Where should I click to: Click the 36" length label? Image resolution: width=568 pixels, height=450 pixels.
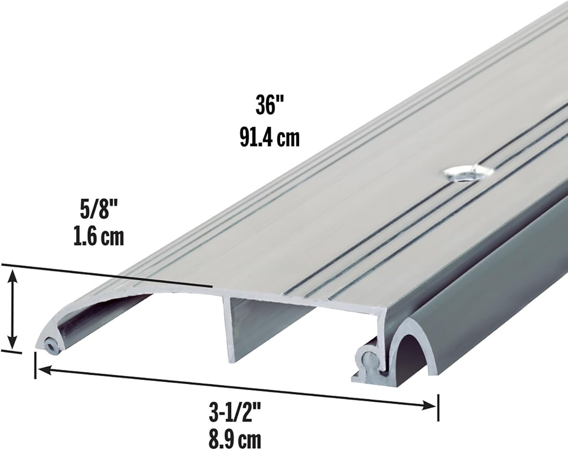coord(266,105)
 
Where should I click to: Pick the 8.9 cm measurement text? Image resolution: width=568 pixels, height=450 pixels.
coord(235,439)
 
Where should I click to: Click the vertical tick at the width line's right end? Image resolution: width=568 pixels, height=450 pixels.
coord(438,408)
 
